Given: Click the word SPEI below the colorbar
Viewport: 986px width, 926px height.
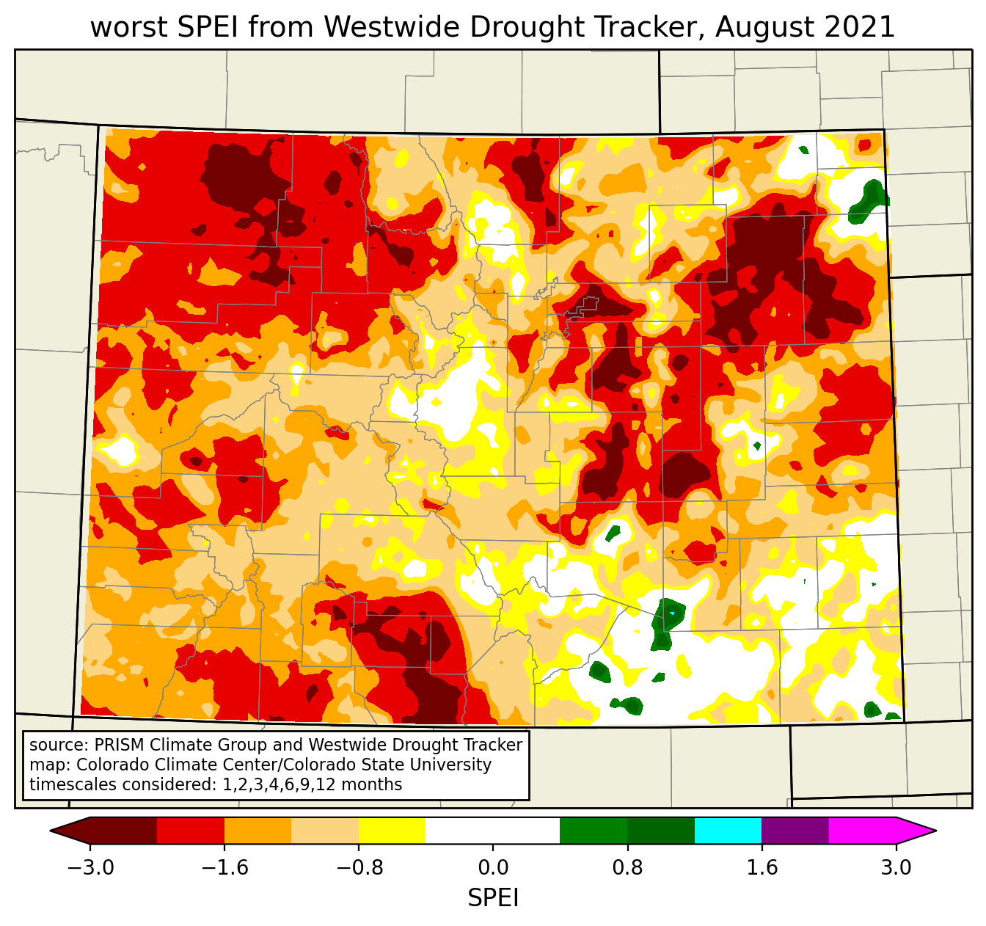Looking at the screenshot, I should pyautogui.click(x=493, y=898).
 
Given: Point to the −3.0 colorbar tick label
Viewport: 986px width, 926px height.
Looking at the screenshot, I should pyautogui.click(x=90, y=868).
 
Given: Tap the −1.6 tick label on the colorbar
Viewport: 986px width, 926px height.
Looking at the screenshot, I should pyautogui.click(x=224, y=868).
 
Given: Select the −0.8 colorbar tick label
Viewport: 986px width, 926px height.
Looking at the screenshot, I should pyautogui.click(x=359, y=868).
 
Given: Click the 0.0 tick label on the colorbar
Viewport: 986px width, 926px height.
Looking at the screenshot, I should pyautogui.click(x=493, y=868).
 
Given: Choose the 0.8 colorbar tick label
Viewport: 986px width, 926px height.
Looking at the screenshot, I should pyautogui.click(x=627, y=868).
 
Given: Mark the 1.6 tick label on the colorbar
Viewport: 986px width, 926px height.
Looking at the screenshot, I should pyautogui.click(x=762, y=868).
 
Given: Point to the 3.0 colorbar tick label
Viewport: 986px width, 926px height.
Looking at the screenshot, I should pyautogui.click(x=896, y=868).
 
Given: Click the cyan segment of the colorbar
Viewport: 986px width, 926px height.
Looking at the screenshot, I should pyautogui.click(x=728, y=831).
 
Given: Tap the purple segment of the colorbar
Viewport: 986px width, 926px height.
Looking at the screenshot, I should pyautogui.click(x=795, y=831).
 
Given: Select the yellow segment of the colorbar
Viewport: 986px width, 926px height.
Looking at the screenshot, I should pyautogui.click(x=392, y=831).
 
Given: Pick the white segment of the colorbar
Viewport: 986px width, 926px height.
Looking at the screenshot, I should pyautogui.click(x=493, y=831).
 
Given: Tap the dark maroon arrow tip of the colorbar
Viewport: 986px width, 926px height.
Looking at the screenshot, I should pyautogui.click(x=70, y=831).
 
